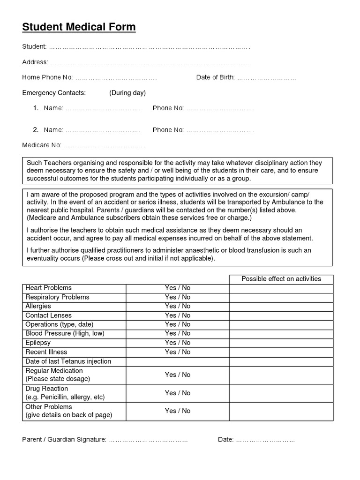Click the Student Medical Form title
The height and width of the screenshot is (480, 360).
click(x=79, y=27)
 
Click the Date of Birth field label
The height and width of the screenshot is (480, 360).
click(x=215, y=77)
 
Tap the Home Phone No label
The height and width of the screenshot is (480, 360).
click(x=47, y=77)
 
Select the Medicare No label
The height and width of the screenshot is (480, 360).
click(x=42, y=145)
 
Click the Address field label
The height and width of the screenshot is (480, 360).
click(x=35, y=62)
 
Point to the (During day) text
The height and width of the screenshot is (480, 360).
click(x=127, y=93)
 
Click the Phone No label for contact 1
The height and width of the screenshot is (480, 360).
click(x=168, y=108)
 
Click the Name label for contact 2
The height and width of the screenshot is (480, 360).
click(x=53, y=130)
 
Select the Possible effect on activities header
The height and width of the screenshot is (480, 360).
click(x=281, y=279)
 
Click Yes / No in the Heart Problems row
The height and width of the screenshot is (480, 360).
click(x=178, y=288)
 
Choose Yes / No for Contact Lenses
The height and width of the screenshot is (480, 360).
click(x=178, y=315)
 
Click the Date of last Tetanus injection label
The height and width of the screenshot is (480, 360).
click(x=68, y=361)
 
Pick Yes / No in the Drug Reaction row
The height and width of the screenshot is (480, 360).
click(x=178, y=393)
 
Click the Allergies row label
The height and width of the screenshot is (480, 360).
click(x=38, y=306)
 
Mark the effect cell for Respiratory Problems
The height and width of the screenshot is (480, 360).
click(x=281, y=297)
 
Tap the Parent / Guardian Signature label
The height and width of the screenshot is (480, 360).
click(x=64, y=440)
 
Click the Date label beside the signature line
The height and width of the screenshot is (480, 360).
click(x=225, y=440)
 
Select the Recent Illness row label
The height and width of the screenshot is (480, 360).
click(x=46, y=352)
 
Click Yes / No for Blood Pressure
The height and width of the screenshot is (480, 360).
click(x=178, y=334)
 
